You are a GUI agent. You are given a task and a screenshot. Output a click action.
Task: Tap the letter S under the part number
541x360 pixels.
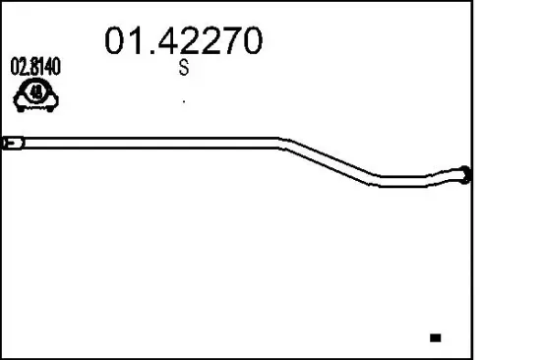tap(183, 69)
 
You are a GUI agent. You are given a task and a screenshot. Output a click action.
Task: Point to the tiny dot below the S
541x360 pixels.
tap(184, 100)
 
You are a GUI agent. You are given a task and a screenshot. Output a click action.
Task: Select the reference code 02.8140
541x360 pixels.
tap(35, 68)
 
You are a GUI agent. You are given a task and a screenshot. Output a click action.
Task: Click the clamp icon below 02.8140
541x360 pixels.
tap(36, 93)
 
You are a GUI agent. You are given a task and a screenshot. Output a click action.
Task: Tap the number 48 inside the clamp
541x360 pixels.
tap(36, 92)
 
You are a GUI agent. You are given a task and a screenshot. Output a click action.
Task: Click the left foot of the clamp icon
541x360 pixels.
tap(19, 101)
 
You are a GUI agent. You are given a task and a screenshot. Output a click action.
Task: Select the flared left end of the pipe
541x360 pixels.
tap(12, 144)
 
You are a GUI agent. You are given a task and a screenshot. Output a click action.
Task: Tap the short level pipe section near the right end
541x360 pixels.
tap(408, 181)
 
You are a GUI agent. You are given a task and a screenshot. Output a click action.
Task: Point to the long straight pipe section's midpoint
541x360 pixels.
tap(148, 143)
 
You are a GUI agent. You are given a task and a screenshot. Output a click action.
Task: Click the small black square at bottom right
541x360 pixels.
tap(435, 337)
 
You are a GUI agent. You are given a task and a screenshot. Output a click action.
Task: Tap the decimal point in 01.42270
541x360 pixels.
tap(142, 50)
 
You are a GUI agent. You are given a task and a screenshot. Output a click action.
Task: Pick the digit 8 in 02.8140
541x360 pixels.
tap(34, 68)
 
